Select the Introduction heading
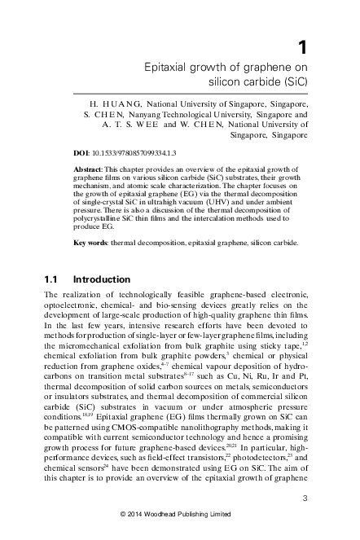100,279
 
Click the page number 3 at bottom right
303,498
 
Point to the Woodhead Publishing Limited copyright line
180,514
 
